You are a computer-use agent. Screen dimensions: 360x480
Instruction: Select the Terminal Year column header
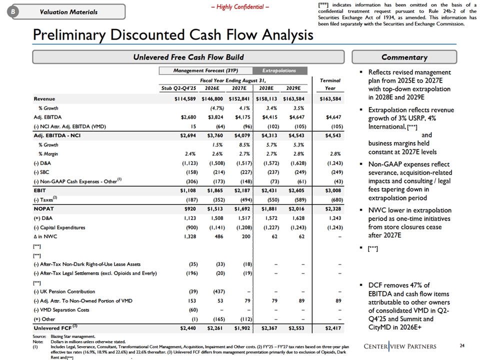[330, 83]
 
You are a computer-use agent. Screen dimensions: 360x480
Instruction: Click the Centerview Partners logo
[400, 346]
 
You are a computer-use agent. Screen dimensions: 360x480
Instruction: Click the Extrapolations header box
[279, 70]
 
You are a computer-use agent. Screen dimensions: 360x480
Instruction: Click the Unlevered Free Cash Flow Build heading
[188, 57]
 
